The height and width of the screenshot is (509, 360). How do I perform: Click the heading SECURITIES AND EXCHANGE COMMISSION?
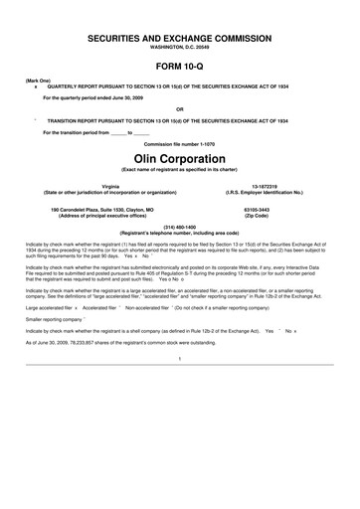point(180,35)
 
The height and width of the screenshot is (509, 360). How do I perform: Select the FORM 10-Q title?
point(180,64)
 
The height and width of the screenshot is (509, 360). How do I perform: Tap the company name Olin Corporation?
point(180,158)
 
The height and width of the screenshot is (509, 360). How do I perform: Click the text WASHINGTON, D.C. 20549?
point(180,46)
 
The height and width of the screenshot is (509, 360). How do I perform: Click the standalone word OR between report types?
point(180,108)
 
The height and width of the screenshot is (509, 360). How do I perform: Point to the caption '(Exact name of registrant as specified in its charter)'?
point(180,170)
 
